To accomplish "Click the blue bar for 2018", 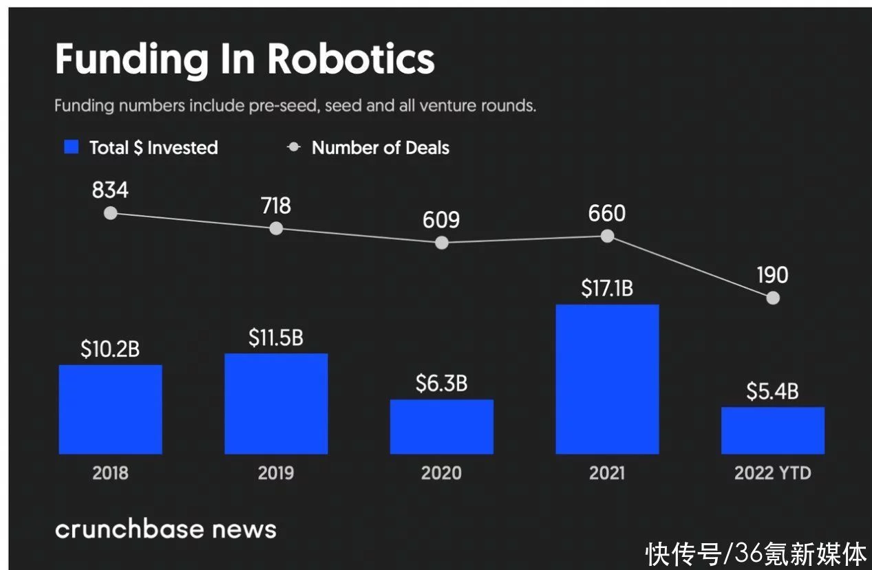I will coord(110,409).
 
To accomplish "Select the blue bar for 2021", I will coord(607,379).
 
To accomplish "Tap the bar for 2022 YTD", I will coord(772,430).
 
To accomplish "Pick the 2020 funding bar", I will coord(441,426).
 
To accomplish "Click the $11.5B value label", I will coord(276,338).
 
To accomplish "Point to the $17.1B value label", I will coord(607,289).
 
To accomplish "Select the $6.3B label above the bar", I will coord(441,384).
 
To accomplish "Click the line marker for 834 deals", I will coord(110,213).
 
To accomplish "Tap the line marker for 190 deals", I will coord(773,298).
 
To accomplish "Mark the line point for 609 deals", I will coord(442,243).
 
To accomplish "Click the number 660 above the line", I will coord(607,213).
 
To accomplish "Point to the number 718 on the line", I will coord(275,206).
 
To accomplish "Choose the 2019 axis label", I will coord(275,473).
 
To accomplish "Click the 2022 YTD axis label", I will coord(772,473).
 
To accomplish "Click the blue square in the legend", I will coord(72,147).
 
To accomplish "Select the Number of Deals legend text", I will coord(380,148).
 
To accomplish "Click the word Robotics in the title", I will coord(351,59).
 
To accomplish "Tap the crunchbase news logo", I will coord(165,529).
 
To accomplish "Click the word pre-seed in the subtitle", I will coord(284,107).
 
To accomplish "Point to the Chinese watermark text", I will coord(756,553).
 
